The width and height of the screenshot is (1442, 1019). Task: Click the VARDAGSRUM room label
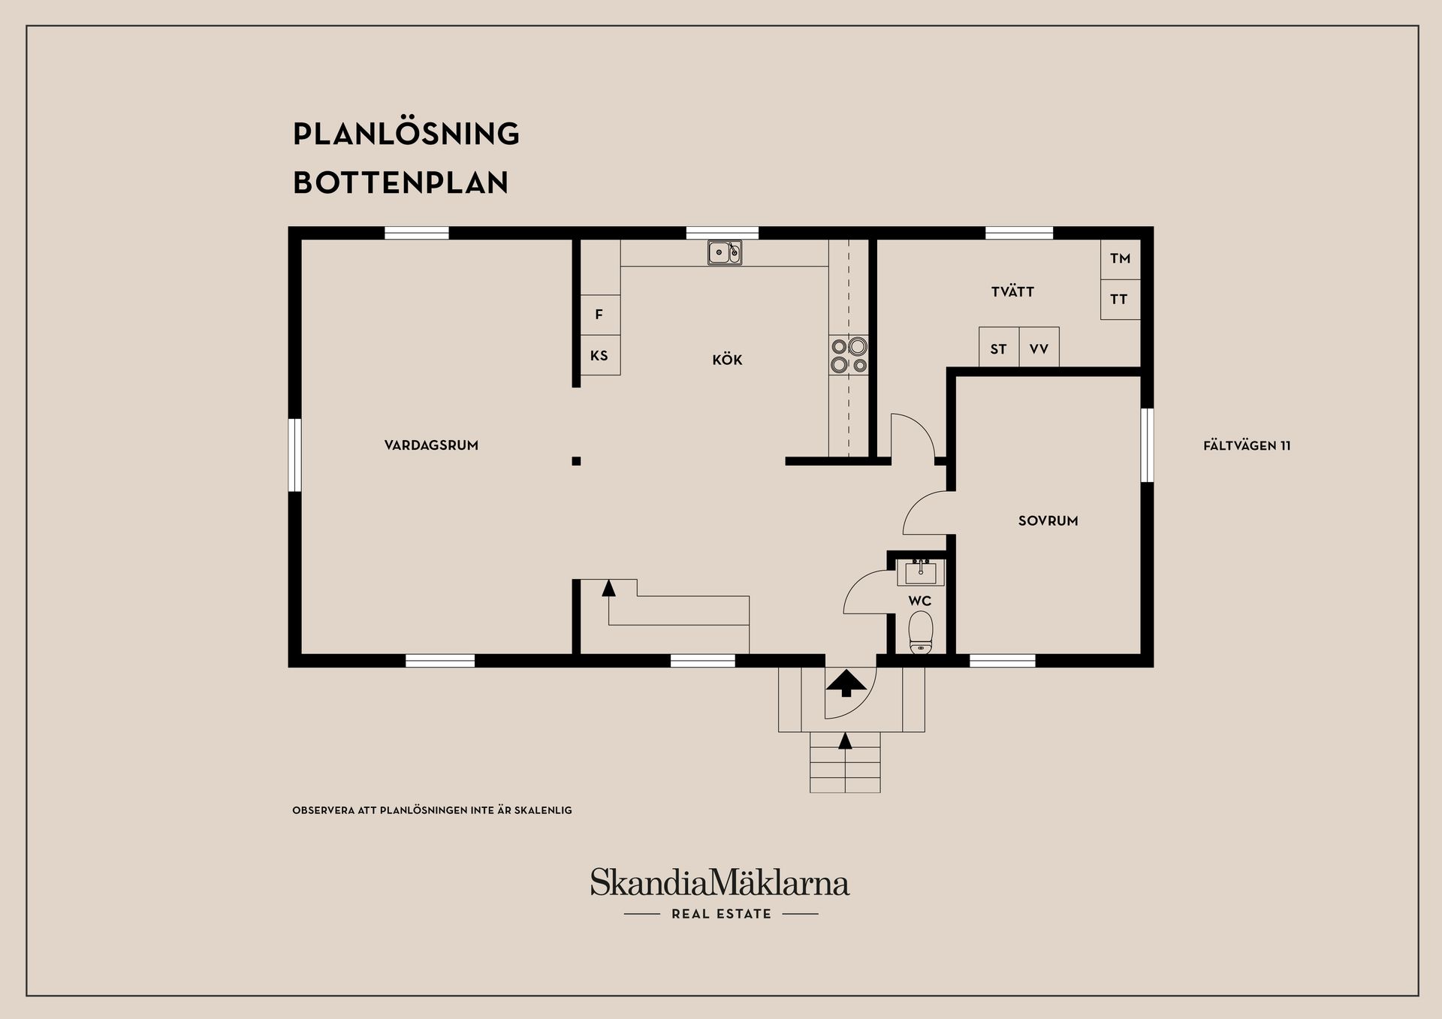[x=431, y=445]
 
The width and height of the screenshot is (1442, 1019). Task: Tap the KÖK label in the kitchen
[x=727, y=360]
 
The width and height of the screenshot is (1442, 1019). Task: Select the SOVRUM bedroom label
[x=1048, y=520]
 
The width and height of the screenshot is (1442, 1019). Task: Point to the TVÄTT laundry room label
[x=1012, y=292]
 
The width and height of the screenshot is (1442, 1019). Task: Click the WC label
[x=919, y=601]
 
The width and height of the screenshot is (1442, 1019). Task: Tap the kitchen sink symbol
[x=724, y=253]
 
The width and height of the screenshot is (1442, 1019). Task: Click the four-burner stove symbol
[x=848, y=356]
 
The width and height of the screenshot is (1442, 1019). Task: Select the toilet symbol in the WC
[x=920, y=632]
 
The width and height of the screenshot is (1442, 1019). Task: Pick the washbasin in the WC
[x=920, y=573]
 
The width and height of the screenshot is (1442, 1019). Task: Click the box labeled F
[x=599, y=315]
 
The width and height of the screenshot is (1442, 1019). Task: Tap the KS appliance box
[x=599, y=355]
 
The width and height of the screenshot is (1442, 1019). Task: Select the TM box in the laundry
[x=1120, y=259]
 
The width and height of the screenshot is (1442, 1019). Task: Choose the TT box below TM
[x=1120, y=300]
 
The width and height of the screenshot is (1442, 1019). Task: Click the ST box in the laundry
[x=998, y=348]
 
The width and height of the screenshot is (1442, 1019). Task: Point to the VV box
[x=1039, y=348]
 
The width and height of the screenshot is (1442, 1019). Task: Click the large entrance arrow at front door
[x=846, y=683]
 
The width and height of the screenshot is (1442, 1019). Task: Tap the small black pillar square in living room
[x=576, y=461]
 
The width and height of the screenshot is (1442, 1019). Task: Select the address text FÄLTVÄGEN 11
[x=1247, y=445]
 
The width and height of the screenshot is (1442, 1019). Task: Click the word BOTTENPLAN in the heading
[x=400, y=182]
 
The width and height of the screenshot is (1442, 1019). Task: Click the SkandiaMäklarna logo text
[x=719, y=883]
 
